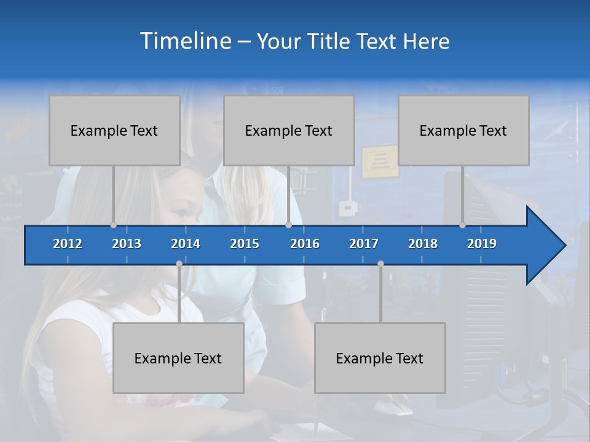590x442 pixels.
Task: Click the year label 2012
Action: [x=68, y=244]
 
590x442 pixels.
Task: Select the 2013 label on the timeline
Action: [x=127, y=244]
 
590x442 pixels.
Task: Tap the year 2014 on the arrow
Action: [x=186, y=244]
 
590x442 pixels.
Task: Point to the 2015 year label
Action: [x=245, y=244]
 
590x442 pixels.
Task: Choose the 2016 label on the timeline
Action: [x=305, y=244]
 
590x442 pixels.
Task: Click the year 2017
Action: [x=364, y=244]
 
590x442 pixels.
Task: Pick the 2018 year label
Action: [x=423, y=244]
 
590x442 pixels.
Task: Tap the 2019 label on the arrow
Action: [x=482, y=244]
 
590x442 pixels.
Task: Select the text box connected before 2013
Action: [x=114, y=130]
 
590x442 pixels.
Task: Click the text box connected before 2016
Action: [x=289, y=130]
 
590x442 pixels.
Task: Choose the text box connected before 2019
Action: [x=463, y=130]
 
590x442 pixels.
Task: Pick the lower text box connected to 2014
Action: [x=178, y=358]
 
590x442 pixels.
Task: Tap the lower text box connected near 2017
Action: [x=380, y=358]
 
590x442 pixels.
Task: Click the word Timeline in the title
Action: [x=184, y=41]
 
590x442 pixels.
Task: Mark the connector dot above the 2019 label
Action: [x=463, y=225]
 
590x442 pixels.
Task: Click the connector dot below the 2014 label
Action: [x=179, y=263]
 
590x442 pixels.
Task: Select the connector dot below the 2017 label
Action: [x=380, y=263]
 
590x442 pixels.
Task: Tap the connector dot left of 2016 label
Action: [x=288, y=225]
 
